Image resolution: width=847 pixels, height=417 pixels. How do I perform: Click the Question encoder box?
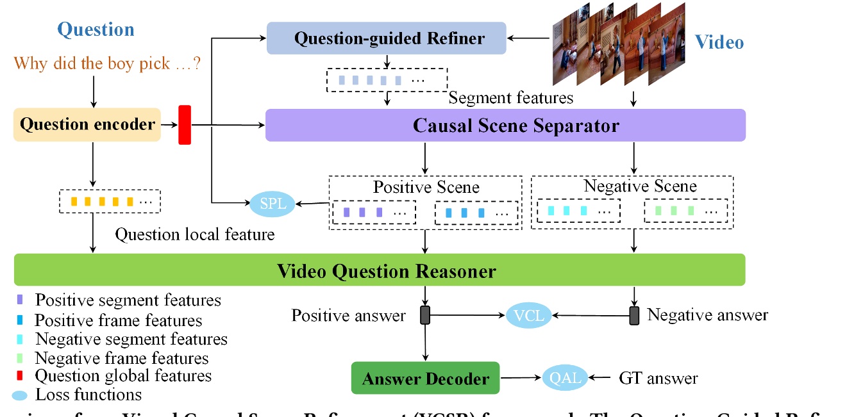(x=87, y=124)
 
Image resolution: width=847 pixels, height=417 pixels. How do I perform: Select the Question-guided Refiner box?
(x=387, y=38)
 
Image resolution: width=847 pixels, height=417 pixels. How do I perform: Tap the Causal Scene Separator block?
(x=505, y=125)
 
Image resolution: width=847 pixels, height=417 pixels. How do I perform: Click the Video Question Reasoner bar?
(x=379, y=270)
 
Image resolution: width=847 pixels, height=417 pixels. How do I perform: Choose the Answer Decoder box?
(x=425, y=378)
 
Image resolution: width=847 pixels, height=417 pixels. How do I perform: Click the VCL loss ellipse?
(x=528, y=315)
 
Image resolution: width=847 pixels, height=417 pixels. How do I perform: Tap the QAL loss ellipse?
(x=564, y=378)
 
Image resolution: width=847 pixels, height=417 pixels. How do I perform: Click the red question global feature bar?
(x=185, y=124)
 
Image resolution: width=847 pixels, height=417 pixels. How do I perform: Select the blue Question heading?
(x=96, y=29)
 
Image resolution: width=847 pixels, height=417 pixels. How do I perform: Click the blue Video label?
(x=719, y=42)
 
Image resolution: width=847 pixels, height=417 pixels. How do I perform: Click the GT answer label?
(x=658, y=378)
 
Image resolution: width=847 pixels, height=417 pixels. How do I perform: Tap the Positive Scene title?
(x=426, y=187)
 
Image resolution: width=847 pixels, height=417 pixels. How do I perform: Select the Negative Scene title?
(x=639, y=186)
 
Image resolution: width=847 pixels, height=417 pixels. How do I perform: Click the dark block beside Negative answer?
(x=634, y=315)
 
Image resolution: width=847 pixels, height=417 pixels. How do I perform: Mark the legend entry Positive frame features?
(x=118, y=320)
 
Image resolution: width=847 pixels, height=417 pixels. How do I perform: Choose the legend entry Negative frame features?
(x=121, y=357)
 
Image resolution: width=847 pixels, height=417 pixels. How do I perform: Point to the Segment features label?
(x=510, y=97)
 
